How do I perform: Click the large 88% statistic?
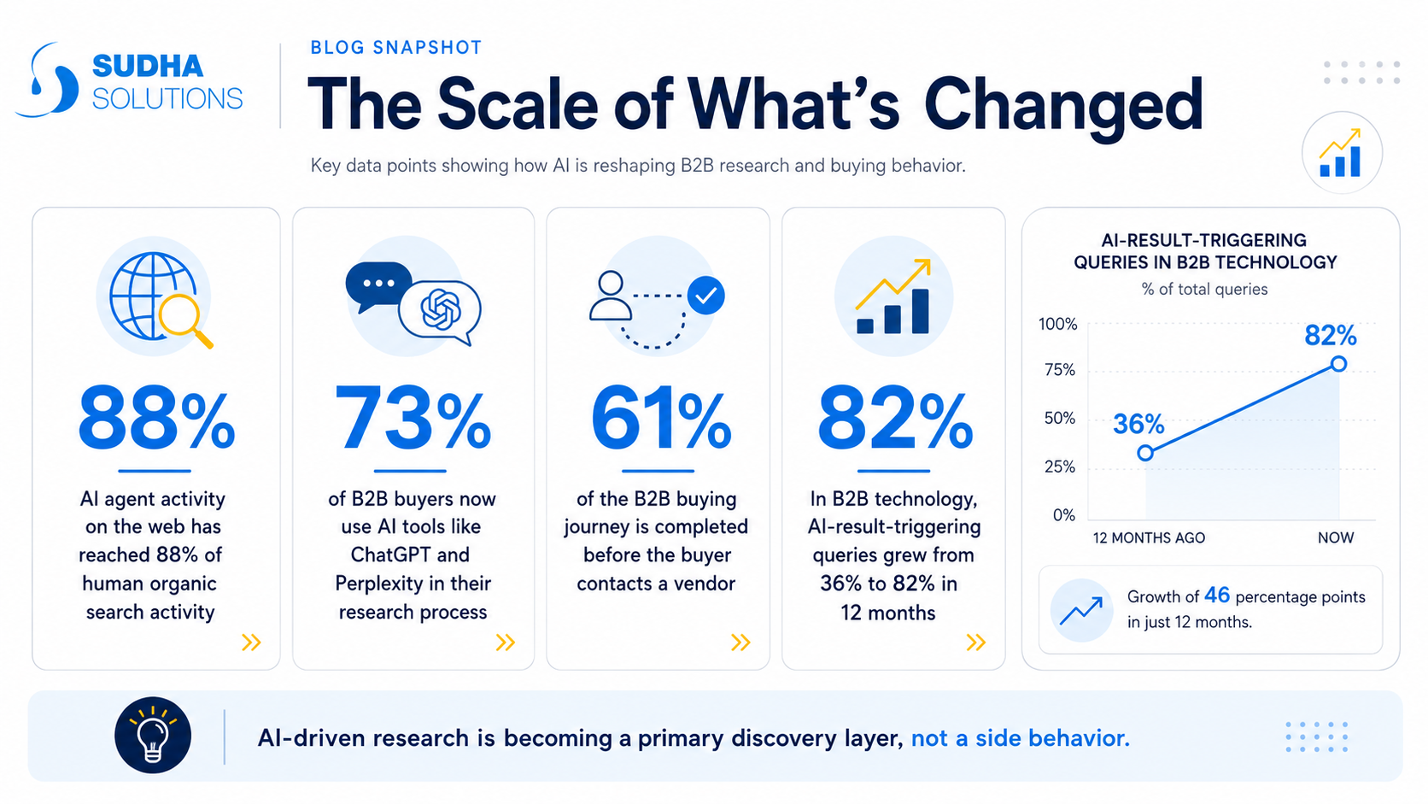[156, 419]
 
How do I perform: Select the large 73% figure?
[413, 419]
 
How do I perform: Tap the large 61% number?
[660, 419]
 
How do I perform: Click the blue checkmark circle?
[705, 296]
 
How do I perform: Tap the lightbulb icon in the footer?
[153, 735]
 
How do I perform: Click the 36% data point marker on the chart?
[1145, 454]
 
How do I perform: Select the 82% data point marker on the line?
[1339, 364]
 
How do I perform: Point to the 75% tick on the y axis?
[1060, 370]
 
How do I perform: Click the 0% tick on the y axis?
[1064, 514]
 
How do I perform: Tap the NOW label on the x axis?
[1336, 537]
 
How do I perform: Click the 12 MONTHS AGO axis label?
[1149, 537]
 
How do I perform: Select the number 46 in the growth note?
[1217, 596]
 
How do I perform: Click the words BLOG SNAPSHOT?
[396, 48]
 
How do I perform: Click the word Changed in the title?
[1063, 105]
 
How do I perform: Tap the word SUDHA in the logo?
[148, 67]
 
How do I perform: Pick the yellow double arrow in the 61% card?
[740, 642]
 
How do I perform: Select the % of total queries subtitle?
[1204, 290]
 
